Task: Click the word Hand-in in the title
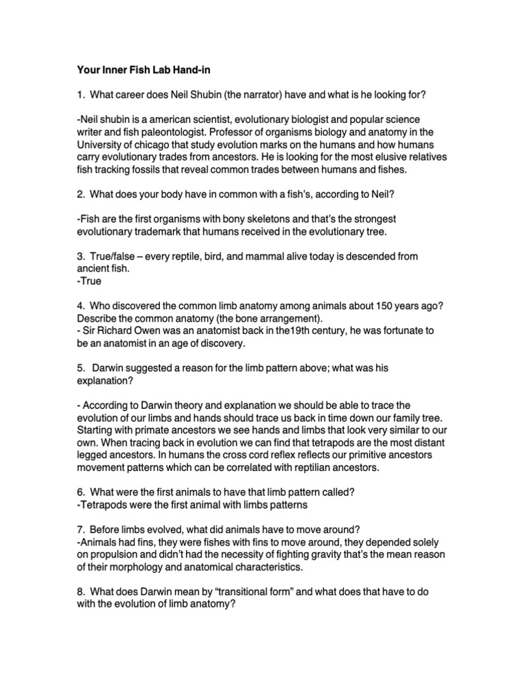tap(182, 70)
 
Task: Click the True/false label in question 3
tap(113, 256)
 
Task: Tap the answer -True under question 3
tap(88, 281)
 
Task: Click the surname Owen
tap(149, 330)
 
